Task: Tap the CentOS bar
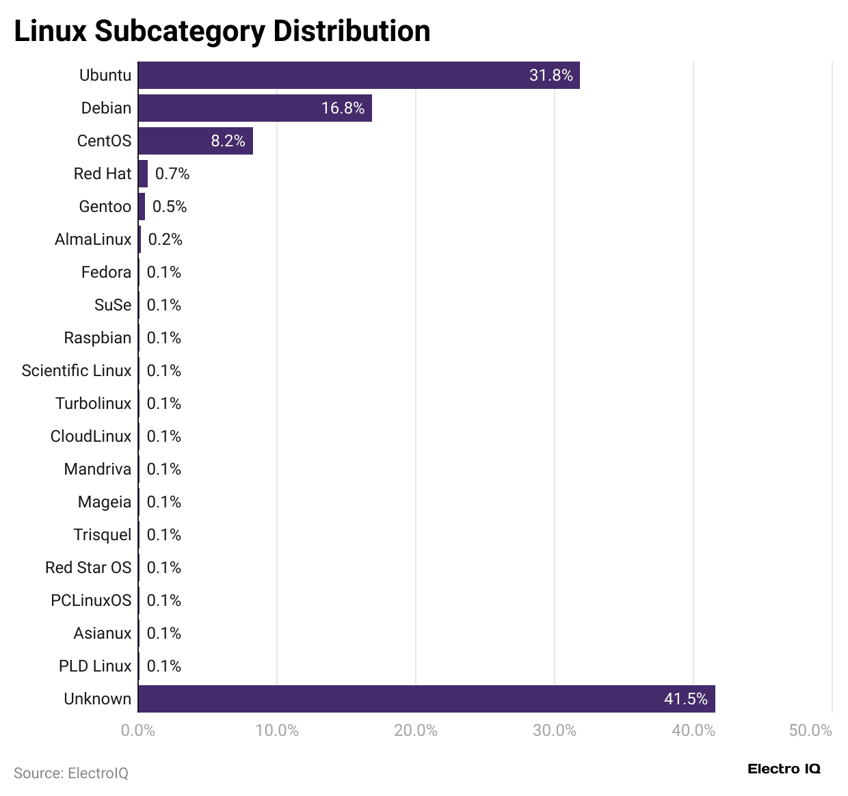[x=195, y=141]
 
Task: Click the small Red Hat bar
[x=143, y=174]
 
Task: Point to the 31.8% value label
[x=551, y=75]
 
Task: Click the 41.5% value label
[x=685, y=699]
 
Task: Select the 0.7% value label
[x=172, y=174]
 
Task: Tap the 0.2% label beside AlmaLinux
[x=165, y=239]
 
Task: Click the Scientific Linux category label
[x=76, y=371]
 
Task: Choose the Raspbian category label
[x=97, y=338]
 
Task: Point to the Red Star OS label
[x=88, y=568]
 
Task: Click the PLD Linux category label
[x=94, y=666]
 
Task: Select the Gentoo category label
[x=105, y=207]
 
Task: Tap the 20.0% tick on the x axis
[x=416, y=730]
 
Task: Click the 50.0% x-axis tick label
[x=810, y=730]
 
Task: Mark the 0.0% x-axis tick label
[x=138, y=730]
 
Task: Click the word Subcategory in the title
[x=179, y=31]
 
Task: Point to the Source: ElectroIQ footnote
[x=71, y=773]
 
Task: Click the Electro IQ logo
[x=784, y=769]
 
